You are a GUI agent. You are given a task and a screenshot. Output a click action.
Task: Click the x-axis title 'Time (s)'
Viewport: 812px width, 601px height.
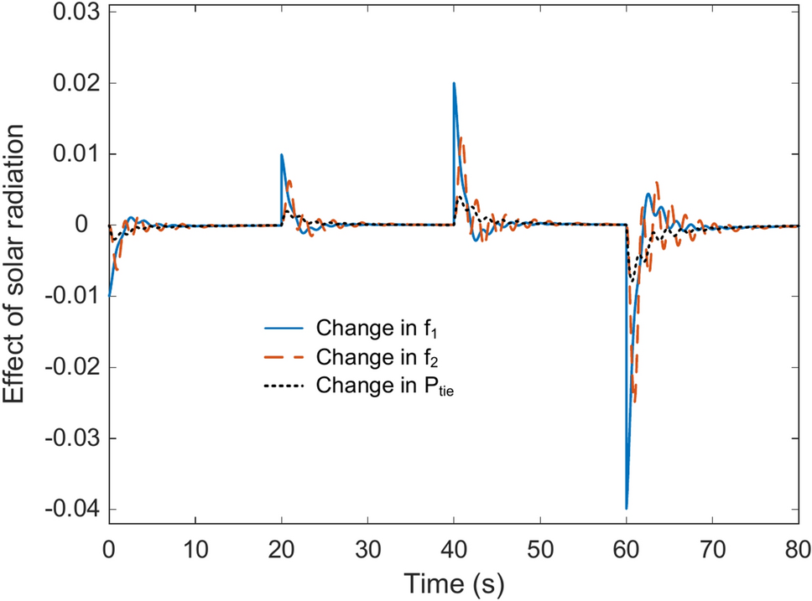[x=453, y=580]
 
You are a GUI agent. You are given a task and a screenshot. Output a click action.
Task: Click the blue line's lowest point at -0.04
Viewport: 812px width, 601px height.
[x=627, y=509]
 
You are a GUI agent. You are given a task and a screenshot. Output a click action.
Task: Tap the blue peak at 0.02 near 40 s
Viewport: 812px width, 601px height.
[x=454, y=83]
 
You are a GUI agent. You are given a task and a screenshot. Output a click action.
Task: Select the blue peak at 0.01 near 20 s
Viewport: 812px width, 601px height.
[x=282, y=154]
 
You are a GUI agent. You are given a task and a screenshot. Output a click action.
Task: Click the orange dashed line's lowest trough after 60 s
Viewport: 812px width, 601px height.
[x=635, y=401]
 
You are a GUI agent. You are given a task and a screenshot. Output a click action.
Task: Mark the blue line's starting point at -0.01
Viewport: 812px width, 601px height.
[x=109, y=296]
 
